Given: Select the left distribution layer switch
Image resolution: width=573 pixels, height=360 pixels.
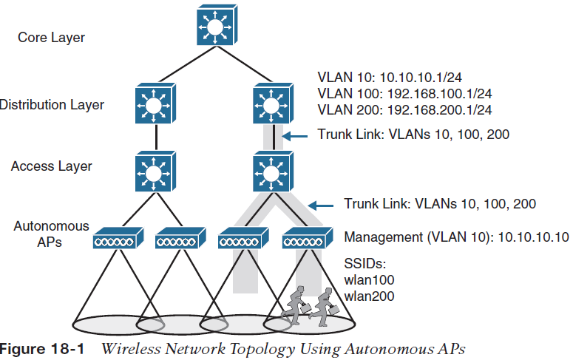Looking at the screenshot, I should [x=154, y=105].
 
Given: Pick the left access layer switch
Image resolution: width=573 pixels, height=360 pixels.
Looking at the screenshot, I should [x=154, y=172].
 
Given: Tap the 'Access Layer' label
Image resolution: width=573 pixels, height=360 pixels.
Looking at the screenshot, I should [x=52, y=166].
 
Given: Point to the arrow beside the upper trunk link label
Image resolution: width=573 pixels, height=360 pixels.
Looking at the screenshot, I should [x=297, y=135].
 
